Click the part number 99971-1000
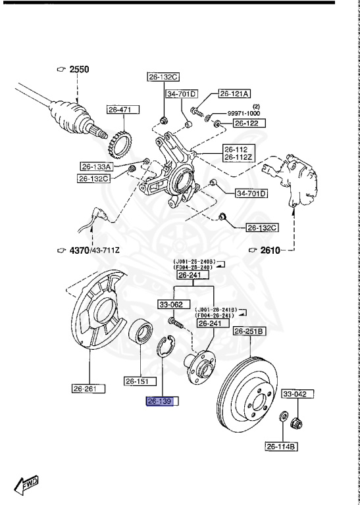coord(244,113)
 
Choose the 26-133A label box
coord(97,166)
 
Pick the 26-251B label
coord(249,331)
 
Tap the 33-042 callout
coord(296,394)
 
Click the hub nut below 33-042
coord(297,421)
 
